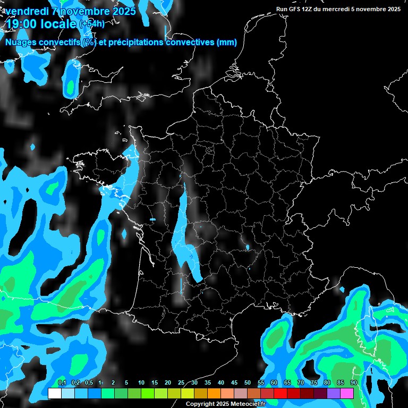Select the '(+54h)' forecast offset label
92,23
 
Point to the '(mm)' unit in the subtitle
227,42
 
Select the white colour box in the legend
54,393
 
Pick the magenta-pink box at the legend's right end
347,393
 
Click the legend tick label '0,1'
62,383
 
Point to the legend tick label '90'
353,383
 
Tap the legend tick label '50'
248,383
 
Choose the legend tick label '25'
181,383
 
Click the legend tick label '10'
141,383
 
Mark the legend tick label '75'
314,383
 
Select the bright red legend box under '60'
280,393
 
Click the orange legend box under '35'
214,393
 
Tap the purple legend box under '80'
334,393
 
